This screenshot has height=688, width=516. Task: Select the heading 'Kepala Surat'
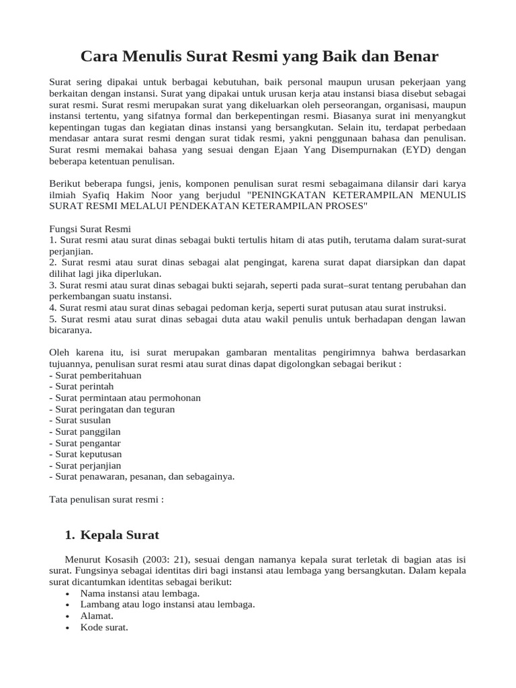pyautogui.click(x=120, y=535)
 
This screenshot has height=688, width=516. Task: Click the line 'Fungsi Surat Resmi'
pyautogui.click(x=90, y=228)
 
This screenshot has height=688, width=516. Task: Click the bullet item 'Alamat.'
pyautogui.click(x=97, y=615)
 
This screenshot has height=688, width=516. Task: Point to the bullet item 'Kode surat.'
pyautogui.click(x=103, y=627)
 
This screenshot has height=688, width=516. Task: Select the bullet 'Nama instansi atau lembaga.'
pyautogui.click(x=140, y=593)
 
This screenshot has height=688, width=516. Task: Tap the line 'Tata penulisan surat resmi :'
pyautogui.click(x=107, y=499)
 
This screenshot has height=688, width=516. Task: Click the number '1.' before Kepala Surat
pyautogui.click(x=69, y=535)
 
